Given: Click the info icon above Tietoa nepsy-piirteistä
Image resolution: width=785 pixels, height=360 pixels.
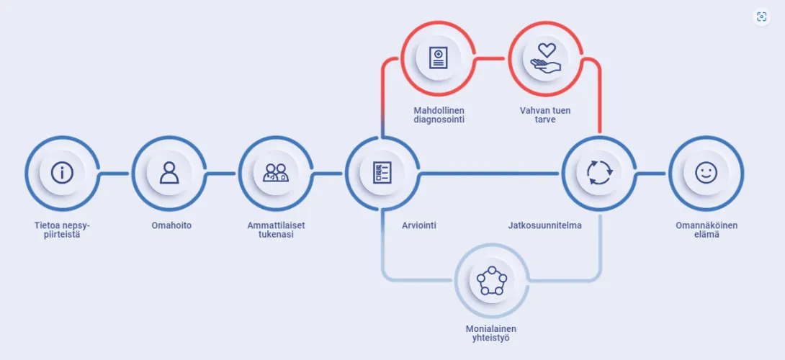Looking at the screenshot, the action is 62,173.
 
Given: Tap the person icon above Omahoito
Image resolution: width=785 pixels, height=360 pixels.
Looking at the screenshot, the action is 169,173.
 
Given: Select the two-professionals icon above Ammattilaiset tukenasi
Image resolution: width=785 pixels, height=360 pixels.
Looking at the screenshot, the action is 275,173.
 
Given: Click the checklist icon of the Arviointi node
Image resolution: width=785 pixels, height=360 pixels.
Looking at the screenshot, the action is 382,173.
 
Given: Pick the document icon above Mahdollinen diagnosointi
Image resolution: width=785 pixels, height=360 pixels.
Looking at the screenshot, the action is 439,58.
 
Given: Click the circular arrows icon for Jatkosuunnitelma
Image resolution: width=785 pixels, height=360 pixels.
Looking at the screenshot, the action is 599,173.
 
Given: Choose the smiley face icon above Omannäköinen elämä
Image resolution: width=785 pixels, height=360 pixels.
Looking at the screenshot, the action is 706,173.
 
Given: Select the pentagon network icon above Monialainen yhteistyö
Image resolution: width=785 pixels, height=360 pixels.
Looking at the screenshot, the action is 492,280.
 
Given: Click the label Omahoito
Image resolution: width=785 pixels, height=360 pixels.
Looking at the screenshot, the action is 171,225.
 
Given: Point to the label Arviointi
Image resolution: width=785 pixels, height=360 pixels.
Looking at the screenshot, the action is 419,225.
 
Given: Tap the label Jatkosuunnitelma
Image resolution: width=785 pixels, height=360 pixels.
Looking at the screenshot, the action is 544,225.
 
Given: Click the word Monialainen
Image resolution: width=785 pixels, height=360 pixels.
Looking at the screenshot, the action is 490,329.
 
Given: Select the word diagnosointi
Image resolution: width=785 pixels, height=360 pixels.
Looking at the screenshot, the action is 439,120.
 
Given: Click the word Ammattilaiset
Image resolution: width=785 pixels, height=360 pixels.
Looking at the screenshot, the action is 277,225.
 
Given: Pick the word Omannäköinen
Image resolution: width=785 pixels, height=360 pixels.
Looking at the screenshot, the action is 706,225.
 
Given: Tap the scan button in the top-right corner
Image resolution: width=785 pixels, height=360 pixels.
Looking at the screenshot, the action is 761,17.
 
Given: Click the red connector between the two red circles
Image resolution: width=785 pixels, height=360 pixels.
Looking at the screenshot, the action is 492,58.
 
